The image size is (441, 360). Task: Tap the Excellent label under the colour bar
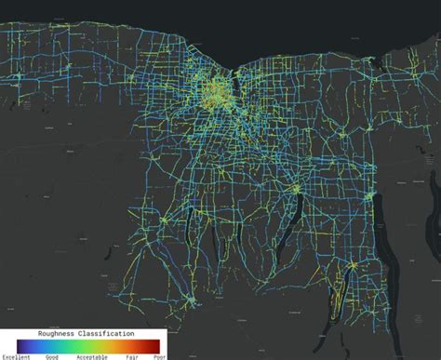coord(16,356)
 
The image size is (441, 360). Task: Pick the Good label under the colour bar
coord(53,356)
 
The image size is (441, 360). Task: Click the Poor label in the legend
coord(159,356)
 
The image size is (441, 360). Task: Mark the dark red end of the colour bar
coord(162,344)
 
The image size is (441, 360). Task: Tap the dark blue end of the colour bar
coord(20,344)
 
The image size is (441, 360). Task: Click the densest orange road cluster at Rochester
coord(216,94)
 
